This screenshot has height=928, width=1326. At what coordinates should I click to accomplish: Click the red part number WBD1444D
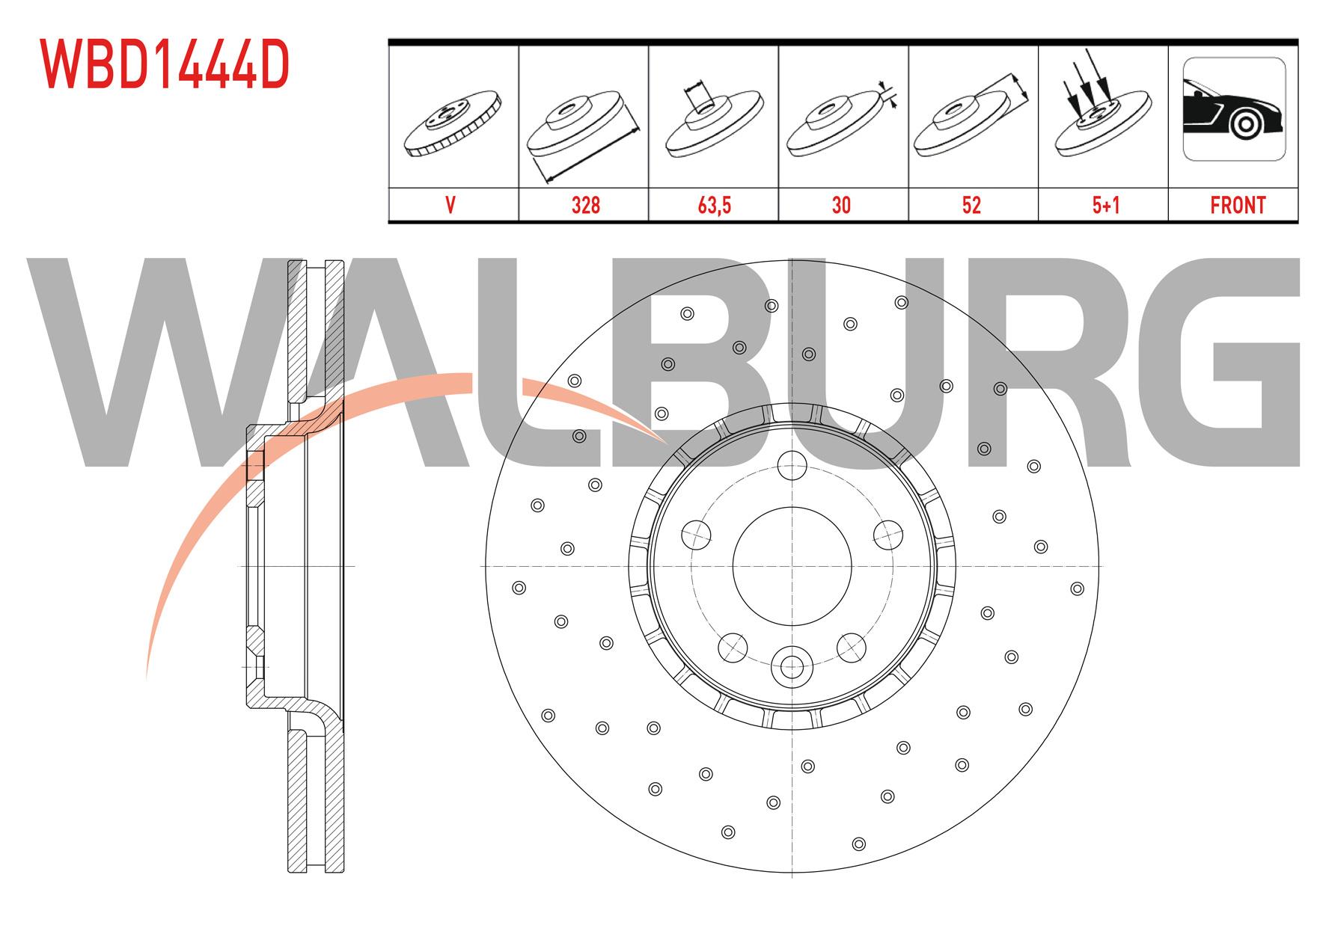pos(165,66)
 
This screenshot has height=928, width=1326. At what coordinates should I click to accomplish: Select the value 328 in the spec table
pos(585,205)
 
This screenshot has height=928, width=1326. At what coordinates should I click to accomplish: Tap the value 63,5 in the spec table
pos(714,205)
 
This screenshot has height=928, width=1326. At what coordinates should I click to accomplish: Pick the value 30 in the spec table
pos(841,205)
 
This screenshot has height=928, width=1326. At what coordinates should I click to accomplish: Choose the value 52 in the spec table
pos(971,205)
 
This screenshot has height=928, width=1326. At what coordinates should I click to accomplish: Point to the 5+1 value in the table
pos(1105,205)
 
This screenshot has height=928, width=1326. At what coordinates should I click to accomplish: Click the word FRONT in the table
pos(1238,205)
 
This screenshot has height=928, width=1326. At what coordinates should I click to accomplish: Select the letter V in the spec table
pos(450,205)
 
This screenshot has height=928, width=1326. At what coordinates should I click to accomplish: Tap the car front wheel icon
pos(1234,109)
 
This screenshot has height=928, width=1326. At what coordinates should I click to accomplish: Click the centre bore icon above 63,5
pos(713,120)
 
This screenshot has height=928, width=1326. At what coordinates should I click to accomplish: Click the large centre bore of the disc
pos(792,566)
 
